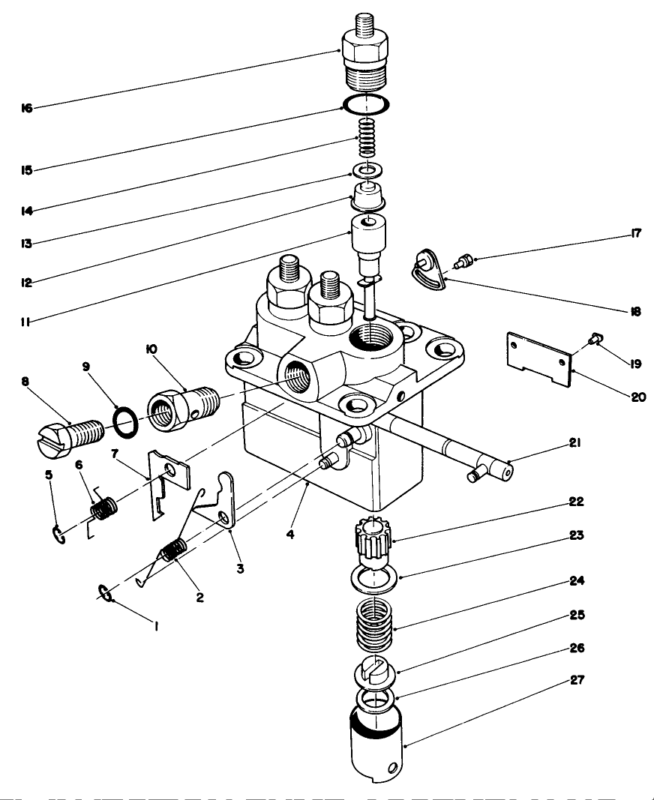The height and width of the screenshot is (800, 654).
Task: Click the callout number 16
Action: pos(27,109)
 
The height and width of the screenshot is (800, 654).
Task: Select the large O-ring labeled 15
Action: pos(366,103)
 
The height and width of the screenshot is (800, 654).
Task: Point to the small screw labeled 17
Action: pos(464,260)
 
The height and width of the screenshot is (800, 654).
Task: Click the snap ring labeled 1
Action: pos(106,595)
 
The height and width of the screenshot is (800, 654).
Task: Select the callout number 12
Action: pos(27,283)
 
